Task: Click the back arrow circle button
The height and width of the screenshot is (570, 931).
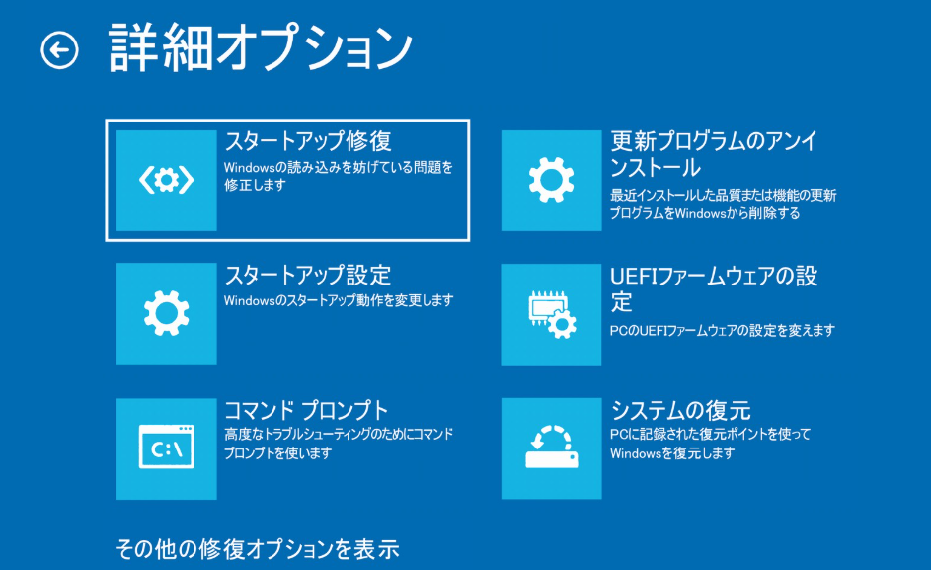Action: point(59,50)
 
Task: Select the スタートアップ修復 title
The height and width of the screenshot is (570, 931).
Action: point(309,140)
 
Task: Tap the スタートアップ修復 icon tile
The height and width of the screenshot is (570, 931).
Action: point(166,180)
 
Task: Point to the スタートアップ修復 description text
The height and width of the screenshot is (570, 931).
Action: point(338,176)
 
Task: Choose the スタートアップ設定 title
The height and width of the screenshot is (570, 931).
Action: point(308,274)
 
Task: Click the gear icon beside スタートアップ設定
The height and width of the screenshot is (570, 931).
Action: point(166,312)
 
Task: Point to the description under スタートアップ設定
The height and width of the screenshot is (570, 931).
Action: point(338,299)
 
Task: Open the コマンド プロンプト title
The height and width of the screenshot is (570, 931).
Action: point(306,409)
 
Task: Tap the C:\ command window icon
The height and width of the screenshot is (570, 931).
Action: point(166,448)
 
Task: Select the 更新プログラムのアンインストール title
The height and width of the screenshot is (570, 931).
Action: point(714,153)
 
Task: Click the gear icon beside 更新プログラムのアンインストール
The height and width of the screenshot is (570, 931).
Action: point(551,180)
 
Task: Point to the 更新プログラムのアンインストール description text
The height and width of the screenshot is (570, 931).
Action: point(723,204)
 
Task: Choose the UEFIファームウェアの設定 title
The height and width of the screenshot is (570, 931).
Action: point(714,287)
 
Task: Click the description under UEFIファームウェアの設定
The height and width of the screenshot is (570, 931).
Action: point(723,330)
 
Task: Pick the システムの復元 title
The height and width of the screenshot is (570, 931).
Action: point(681,409)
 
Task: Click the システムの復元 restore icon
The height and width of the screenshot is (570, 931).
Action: point(551,448)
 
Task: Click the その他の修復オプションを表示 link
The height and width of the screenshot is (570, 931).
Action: point(257,548)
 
